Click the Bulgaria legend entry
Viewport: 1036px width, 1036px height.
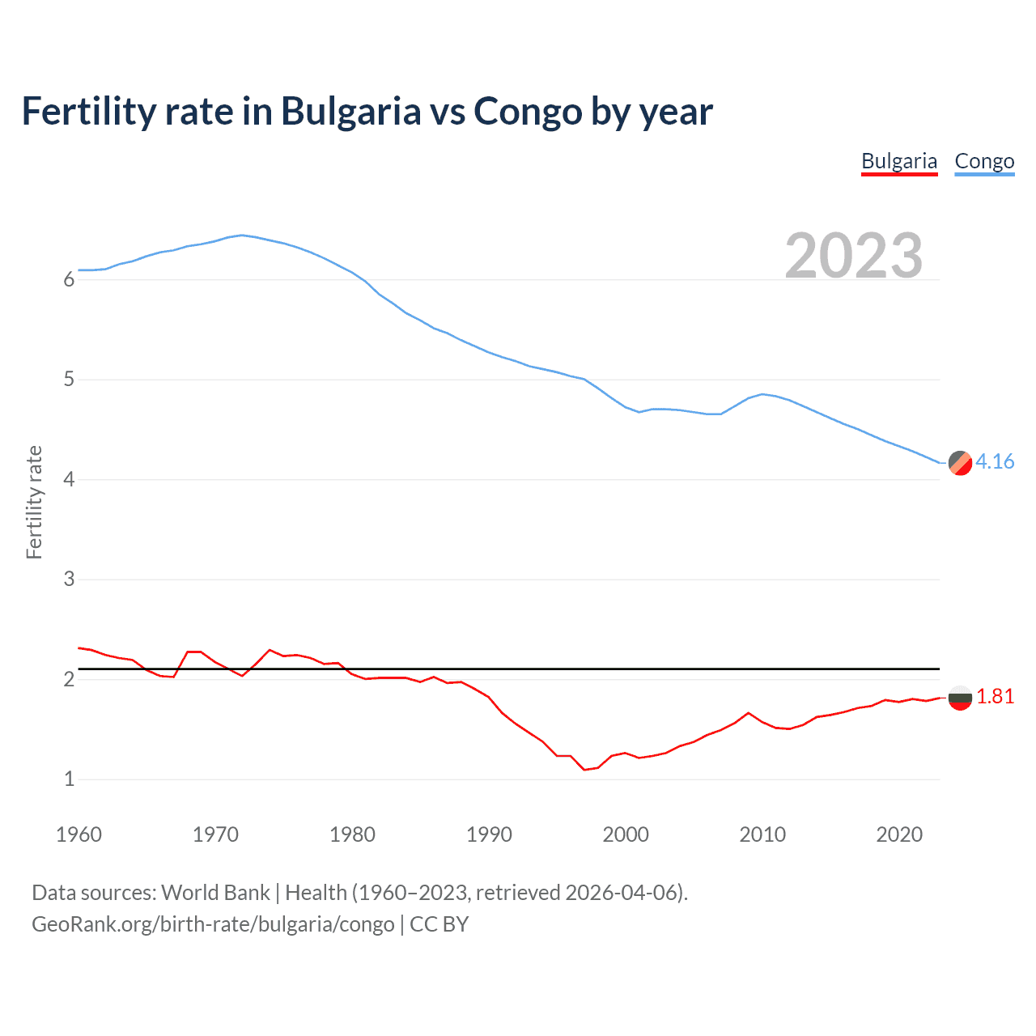(899, 161)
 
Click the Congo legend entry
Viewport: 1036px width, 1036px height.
(984, 161)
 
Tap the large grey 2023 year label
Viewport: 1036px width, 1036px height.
(854, 255)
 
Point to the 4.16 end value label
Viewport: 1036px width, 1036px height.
(995, 461)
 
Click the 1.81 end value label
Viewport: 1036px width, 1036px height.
(995, 696)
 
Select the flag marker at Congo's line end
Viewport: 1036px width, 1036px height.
(960, 463)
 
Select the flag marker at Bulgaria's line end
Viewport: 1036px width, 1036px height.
(960, 697)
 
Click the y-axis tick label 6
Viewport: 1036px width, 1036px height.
(69, 280)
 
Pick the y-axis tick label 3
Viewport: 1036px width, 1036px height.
(69, 580)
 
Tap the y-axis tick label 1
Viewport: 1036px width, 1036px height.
(69, 779)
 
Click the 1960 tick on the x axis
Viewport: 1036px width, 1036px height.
(79, 834)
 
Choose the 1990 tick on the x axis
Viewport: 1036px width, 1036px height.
(489, 834)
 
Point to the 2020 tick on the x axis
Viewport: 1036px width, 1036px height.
(899, 834)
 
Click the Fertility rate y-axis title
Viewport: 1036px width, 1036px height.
(34, 502)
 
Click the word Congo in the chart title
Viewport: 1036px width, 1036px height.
(527, 112)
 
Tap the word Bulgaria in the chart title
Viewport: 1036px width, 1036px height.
(350, 112)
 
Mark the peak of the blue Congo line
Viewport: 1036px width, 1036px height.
(242, 235)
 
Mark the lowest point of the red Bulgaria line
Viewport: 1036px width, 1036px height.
(584, 770)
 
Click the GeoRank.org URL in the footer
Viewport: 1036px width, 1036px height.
(213, 924)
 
